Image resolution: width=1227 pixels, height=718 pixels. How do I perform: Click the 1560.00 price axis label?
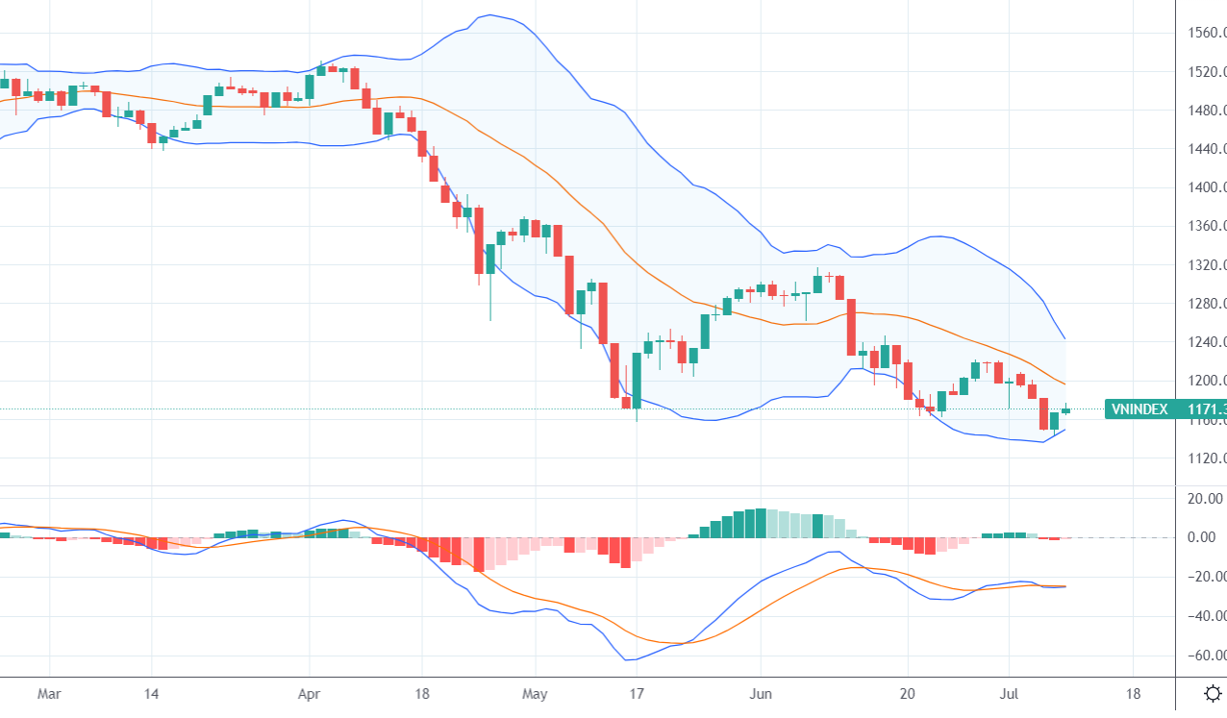pos(1206,33)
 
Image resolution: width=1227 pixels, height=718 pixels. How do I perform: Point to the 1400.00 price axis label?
pos(1206,187)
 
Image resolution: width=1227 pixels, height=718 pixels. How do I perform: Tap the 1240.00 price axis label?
pos(1206,342)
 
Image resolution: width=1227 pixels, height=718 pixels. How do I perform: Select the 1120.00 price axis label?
pos(1206,458)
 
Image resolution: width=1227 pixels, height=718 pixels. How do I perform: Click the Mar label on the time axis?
pos(50,693)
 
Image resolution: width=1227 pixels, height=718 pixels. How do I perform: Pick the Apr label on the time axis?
pos(309,693)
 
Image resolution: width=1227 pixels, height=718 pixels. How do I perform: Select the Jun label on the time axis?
pos(760,693)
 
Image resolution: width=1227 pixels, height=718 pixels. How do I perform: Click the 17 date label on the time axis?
pos(636,693)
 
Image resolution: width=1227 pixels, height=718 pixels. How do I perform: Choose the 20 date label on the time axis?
pos(907,693)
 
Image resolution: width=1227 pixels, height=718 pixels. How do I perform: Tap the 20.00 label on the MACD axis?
pos(1206,498)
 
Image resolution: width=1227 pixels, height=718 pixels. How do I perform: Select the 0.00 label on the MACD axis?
pos(1206,537)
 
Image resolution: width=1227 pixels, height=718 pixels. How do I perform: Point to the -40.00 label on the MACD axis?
pos(1206,616)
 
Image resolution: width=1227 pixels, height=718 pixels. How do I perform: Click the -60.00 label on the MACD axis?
pos(1206,656)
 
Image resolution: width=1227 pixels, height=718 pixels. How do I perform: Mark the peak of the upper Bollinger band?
pos(489,15)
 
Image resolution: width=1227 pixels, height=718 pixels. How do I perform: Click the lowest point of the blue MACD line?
pos(627,659)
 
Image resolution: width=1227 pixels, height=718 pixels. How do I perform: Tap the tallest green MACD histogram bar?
pos(761,523)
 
